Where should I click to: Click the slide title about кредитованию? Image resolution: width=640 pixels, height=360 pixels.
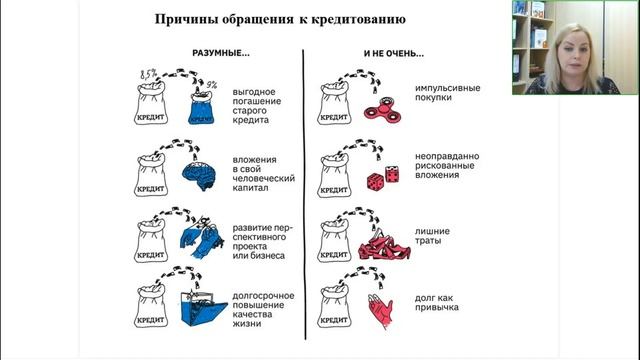(280, 19)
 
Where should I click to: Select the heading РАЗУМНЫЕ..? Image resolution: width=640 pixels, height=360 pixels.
(221, 53)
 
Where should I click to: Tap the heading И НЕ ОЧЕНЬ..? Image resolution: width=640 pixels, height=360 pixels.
(393, 53)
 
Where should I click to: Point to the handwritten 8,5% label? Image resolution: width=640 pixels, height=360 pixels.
(149, 74)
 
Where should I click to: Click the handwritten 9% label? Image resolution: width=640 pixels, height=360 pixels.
(211, 85)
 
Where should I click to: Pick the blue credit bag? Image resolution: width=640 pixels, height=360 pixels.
(201, 108)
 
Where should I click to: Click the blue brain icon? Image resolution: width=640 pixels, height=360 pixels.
(199, 176)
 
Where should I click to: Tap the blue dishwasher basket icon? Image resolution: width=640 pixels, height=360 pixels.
(203, 309)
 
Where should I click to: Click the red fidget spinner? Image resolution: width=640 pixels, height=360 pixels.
(382, 110)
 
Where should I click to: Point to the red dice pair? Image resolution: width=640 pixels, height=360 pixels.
(383, 178)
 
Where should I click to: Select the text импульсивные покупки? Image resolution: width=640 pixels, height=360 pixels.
(447, 93)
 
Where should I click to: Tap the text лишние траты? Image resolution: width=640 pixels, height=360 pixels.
(432, 236)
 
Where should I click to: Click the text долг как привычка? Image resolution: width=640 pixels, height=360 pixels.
(436, 302)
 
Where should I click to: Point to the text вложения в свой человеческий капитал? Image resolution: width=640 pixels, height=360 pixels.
(263, 174)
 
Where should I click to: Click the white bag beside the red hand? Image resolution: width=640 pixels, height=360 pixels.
(334, 307)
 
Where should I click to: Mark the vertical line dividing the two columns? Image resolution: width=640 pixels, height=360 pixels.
(304, 195)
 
